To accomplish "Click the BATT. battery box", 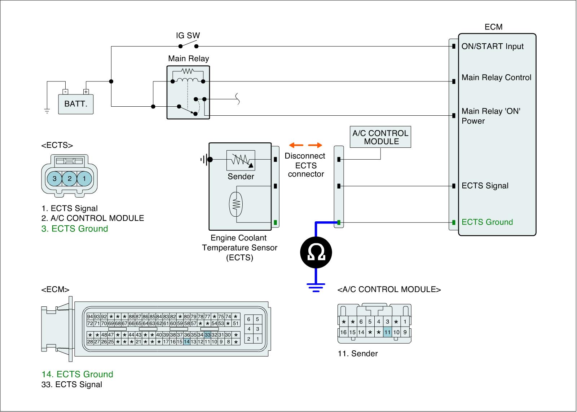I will tap(76, 104).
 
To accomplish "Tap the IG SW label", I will tap(188, 36).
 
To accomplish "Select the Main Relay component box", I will tap(188, 92).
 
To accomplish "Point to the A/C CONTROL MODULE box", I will tap(380, 137).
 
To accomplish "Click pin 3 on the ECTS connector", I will tap(54, 178).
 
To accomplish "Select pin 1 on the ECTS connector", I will tap(84, 178).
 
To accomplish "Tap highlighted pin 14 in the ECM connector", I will tap(186, 342).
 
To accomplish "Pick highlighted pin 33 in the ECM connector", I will tap(207, 335).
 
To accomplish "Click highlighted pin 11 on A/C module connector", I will tap(387, 332).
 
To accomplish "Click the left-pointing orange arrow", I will tap(296, 145).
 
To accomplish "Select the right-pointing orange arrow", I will tap(315, 145).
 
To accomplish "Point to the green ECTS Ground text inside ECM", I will tap(487, 222).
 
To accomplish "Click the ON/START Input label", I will tap(492, 46).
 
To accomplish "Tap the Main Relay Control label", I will tap(496, 77).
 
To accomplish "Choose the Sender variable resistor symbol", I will tap(241, 160).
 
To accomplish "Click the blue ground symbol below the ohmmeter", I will tap(316, 287).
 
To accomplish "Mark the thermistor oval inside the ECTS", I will tap(236, 204).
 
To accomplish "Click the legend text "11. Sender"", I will tap(357, 354).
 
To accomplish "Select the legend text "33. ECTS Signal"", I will tap(72, 385).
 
